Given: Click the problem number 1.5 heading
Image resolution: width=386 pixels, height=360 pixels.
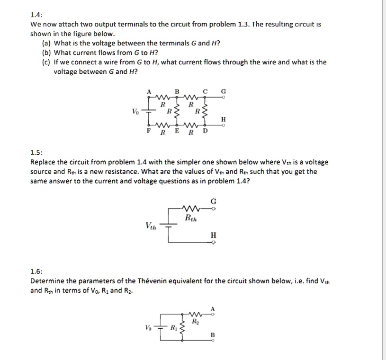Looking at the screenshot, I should (x=36, y=152).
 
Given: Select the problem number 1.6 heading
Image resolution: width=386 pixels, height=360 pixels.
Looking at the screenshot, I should (x=36, y=272).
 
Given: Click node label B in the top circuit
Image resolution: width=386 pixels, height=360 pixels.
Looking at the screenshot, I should (x=177, y=91).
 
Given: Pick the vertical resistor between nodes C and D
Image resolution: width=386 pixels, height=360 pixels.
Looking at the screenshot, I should (x=205, y=112).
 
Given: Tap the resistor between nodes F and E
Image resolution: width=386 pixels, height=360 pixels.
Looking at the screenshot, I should (x=162, y=125).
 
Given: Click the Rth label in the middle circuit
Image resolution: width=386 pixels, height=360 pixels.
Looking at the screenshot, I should (x=192, y=218).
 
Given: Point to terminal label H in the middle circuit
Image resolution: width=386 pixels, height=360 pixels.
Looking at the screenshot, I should (x=213, y=235).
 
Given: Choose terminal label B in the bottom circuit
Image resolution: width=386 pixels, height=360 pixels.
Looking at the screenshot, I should (x=213, y=335).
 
